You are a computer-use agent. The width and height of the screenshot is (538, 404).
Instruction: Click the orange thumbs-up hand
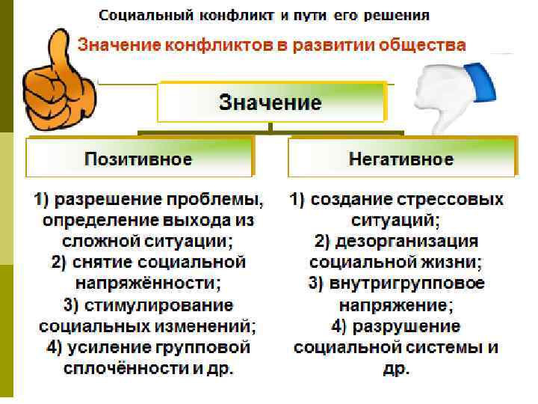[x=55, y=78]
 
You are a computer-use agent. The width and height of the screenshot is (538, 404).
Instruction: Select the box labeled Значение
[x=270, y=102]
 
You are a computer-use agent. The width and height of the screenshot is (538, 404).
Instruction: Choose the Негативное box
[x=401, y=159]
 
